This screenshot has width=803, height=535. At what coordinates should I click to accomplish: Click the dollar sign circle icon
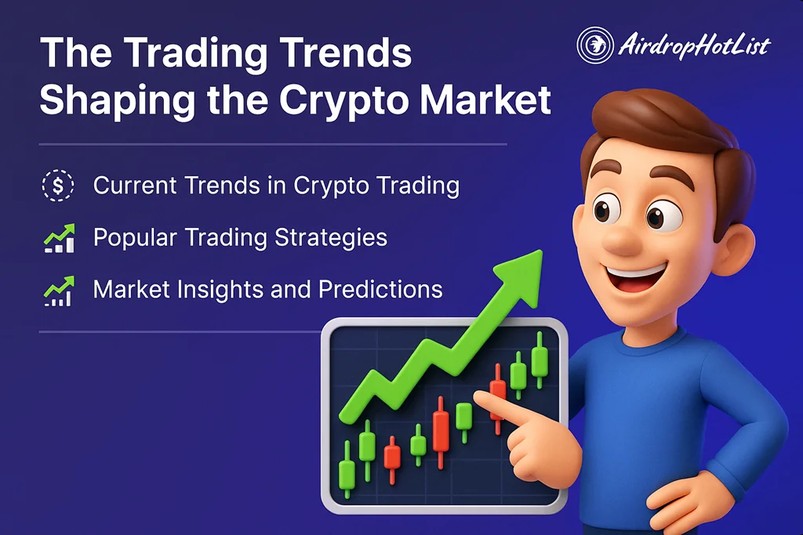pos(57,186)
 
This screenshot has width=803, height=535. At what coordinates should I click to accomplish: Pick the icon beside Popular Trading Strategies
pos(58,237)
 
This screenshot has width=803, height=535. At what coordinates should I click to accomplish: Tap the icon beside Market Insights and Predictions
pos(58,290)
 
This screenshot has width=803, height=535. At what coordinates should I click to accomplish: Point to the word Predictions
pos(380,289)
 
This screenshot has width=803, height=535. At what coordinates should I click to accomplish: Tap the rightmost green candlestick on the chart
pos(539,360)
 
